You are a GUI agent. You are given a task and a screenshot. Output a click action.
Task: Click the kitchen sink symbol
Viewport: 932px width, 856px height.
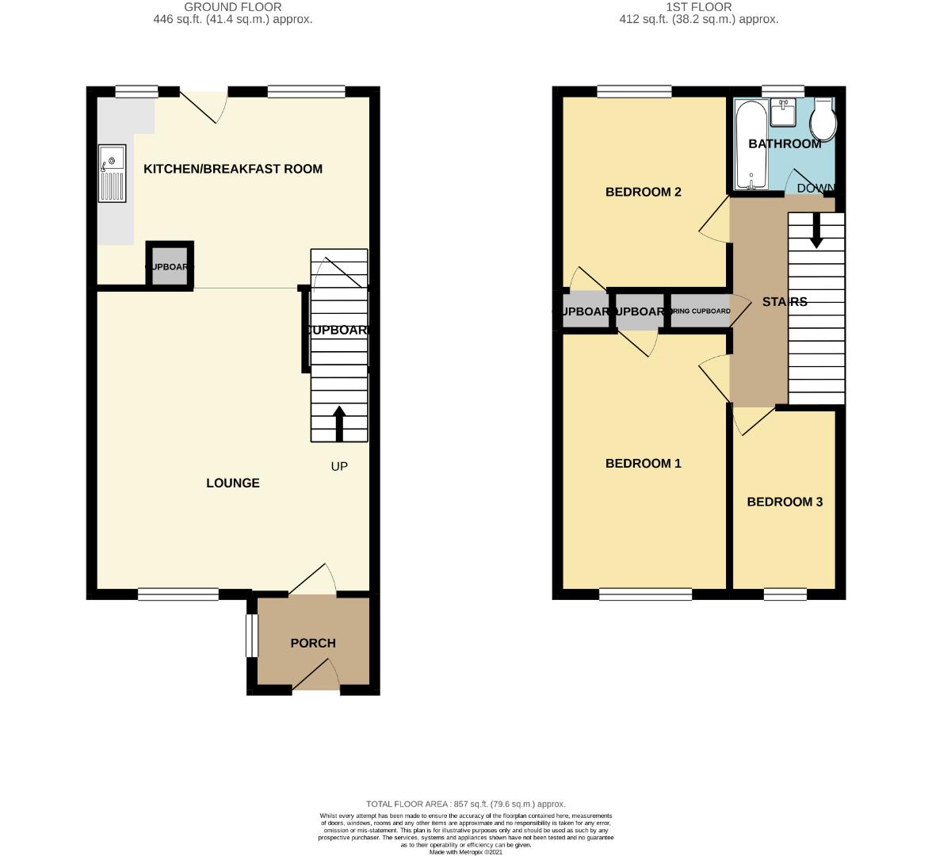[112, 173]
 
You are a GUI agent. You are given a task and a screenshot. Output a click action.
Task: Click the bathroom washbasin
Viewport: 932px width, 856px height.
[782, 113]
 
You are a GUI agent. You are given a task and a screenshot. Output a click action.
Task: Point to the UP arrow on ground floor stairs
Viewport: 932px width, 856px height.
[339, 423]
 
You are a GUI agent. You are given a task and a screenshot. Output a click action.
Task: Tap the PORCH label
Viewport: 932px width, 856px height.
[313, 643]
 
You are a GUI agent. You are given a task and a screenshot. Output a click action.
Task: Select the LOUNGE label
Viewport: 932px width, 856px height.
[233, 483]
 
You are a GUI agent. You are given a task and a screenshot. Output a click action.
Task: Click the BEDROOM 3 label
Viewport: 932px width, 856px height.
[785, 502]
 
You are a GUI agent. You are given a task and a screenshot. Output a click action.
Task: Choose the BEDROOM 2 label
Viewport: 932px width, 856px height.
[644, 192]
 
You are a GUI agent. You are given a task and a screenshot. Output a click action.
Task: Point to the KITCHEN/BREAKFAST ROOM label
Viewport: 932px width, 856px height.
[233, 169]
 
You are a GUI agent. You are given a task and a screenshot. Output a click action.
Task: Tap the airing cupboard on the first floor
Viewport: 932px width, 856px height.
[699, 311]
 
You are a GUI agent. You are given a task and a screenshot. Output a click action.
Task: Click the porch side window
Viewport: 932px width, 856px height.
[250, 636]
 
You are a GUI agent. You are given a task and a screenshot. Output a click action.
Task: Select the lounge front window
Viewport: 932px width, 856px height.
[178, 594]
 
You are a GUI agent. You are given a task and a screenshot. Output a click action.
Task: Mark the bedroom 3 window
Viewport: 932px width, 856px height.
[785, 594]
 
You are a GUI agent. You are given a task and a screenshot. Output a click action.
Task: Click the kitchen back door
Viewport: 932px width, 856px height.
[204, 106]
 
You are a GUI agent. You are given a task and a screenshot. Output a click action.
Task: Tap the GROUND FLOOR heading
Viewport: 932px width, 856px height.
[233, 7]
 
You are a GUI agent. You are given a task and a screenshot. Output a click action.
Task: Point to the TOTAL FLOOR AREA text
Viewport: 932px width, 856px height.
[466, 804]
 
